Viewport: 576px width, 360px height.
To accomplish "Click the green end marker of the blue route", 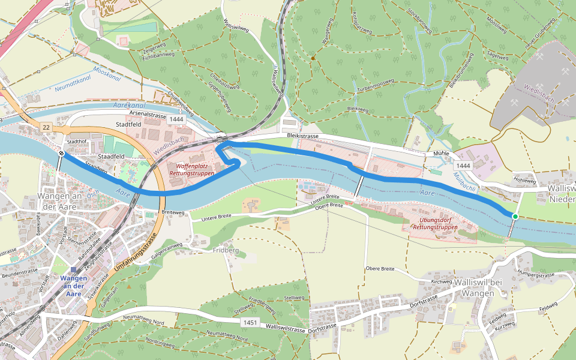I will [x=515, y=216].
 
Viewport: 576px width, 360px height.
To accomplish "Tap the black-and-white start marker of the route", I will [x=62, y=154].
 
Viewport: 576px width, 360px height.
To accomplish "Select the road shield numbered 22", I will [x=46, y=128].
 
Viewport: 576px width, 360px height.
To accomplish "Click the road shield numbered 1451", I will [x=251, y=323].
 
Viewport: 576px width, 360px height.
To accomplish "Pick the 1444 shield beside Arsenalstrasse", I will [x=176, y=120].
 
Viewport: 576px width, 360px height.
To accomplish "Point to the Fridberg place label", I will [x=225, y=250].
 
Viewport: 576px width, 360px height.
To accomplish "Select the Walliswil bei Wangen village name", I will [x=478, y=287].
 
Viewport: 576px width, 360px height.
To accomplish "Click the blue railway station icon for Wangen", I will [x=73, y=270].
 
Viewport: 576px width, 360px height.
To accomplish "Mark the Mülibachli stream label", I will [x=464, y=180].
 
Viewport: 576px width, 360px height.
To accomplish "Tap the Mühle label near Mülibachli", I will [x=442, y=154].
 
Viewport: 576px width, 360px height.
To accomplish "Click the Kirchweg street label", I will [x=441, y=281].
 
